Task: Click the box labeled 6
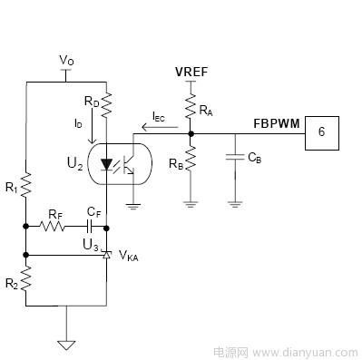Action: (x=321, y=133)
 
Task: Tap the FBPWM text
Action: (x=277, y=123)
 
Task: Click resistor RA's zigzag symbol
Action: (x=191, y=106)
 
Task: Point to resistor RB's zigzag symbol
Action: (x=191, y=158)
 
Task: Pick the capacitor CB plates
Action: (x=235, y=157)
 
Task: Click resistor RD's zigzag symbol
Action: (x=106, y=105)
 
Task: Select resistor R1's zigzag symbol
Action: (x=26, y=184)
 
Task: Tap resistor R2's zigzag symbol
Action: (x=26, y=278)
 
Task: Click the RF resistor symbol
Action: (x=52, y=226)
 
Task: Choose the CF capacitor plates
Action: (x=90, y=226)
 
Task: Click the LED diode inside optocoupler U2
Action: (x=106, y=165)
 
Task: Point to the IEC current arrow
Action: (x=160, y=127)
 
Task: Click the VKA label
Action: (x=129, y=257)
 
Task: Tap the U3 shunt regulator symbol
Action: (x=106, y=255)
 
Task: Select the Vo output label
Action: (x=66, y=61)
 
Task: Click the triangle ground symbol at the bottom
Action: (x=66, y=345)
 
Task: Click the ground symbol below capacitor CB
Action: (x=235, y=205)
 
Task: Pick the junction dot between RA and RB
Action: (x=191, y=133)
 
